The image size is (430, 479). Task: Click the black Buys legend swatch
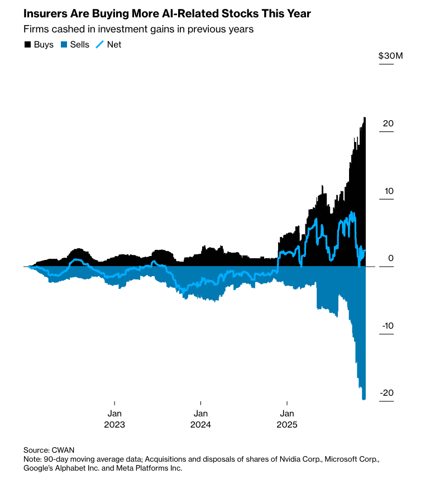27,45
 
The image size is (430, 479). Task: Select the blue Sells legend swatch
64,45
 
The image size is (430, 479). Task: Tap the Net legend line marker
100,45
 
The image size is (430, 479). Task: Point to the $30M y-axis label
390,55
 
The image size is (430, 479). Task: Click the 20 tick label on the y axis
388,124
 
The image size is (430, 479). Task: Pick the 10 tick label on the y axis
389,191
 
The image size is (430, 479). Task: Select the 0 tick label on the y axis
391,258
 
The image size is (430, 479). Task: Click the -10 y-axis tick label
388,326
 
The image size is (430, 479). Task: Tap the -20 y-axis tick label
387,392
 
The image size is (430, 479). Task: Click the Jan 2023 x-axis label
114,419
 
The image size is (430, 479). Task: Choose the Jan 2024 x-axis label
200,419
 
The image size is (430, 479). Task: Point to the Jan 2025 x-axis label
287,419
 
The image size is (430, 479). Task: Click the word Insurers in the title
45,14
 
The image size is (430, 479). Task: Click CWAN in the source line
63,450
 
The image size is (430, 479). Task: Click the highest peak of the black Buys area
365,117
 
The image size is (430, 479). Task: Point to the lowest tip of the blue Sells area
364,400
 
